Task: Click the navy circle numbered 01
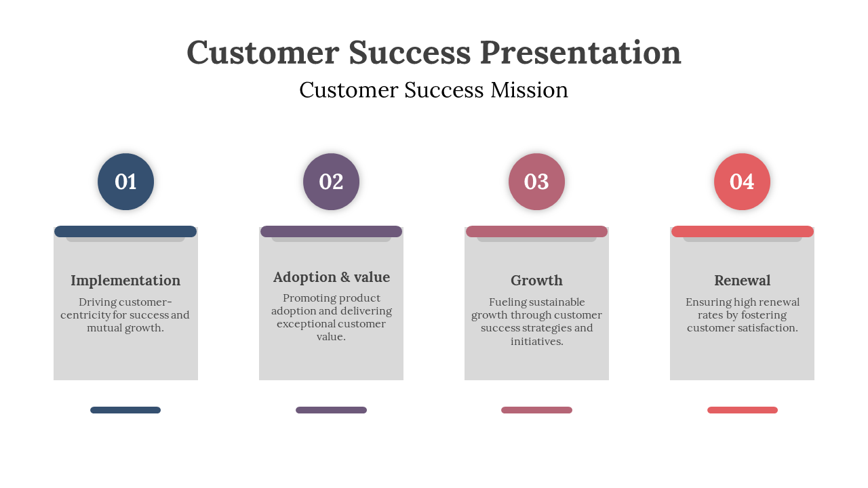pos(125,182)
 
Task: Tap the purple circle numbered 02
pos(331,182)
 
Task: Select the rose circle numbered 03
pos(536,182)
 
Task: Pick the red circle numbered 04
pos(742,182)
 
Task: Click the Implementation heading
pos(125,281)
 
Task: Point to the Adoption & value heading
pos(332,277)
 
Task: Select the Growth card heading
pos(536,281)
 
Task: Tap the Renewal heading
pos(742,281)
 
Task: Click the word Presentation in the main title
pos(580,52)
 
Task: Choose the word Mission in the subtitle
pos(530,90)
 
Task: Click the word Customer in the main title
pos(263,52)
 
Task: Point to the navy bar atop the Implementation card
pos(125,232)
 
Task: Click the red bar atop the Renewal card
pos(743,232)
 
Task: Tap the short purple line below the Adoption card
pos(332,410)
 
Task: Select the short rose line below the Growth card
pos(536,410)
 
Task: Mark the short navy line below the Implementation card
pos(125,410)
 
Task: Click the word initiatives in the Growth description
pos(536,341)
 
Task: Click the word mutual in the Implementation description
pos(104,327)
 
